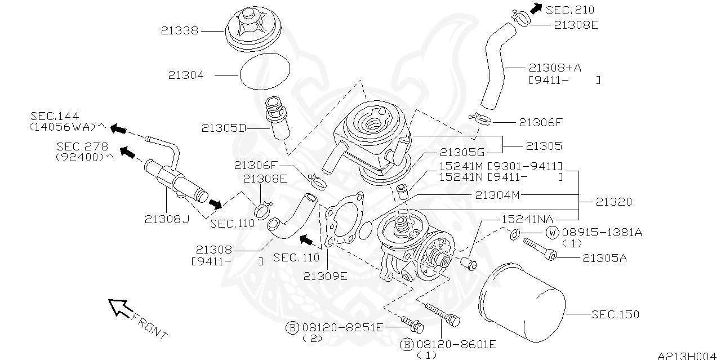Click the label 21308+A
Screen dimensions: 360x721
[555, 68]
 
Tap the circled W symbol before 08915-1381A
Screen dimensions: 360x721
[551, 232]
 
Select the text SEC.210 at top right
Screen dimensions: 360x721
[571, 10]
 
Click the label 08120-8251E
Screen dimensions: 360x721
[342, 327]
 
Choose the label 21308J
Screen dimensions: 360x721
[166, 219]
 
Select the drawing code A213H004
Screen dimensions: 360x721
[688, 355]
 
